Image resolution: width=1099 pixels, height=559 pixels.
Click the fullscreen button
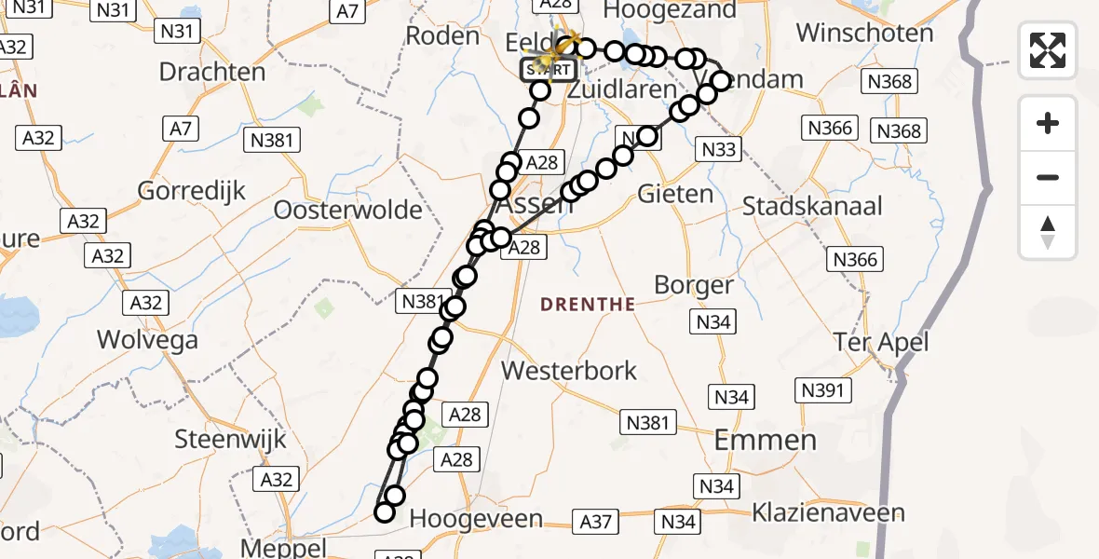[1048, 49]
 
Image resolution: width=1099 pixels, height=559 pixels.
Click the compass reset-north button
[1048, 232]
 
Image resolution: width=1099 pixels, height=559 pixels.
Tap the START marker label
[550, 69]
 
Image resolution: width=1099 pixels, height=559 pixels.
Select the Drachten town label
[212, 72]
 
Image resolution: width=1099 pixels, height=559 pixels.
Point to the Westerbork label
[569, 370]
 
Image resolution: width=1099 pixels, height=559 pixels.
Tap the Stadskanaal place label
[812, 206]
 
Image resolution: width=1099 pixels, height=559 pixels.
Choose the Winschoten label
[864, 34]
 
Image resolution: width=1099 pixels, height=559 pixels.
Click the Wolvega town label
[148, 340]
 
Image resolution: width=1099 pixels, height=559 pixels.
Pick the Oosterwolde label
[347, 211]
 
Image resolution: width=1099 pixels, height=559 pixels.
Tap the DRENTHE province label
[588, 305]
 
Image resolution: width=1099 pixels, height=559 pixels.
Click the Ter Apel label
[881, 343]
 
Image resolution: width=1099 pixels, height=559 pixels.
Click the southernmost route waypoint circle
[385, 511]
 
